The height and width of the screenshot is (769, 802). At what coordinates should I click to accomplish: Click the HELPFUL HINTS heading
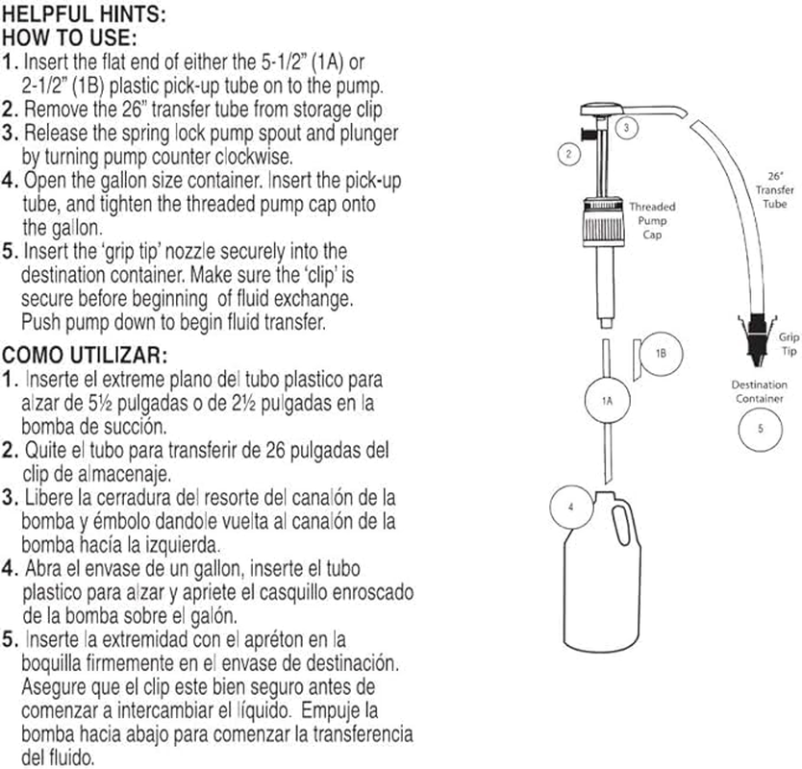pyautogui.click(x=84, y=16)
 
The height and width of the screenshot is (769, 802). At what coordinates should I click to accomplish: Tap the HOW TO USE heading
pyautogui.click(x=71, y=39)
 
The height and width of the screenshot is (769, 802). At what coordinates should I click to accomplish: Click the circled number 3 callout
pyautogui.click(x=626, y=127)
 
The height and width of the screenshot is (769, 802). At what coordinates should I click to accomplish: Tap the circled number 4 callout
pyautogui.click(x=571, y=507)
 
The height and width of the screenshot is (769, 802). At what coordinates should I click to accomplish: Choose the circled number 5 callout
pyautogui.click(x=760, y=428)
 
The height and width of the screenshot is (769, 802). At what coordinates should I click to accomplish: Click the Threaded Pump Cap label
pyautogui.click(x=652, y=220)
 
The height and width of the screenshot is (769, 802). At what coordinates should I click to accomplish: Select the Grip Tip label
pyautogui.click(x=789, y=345)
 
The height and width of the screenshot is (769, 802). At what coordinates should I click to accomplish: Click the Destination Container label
pyautogui.click(x=760, y=391)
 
